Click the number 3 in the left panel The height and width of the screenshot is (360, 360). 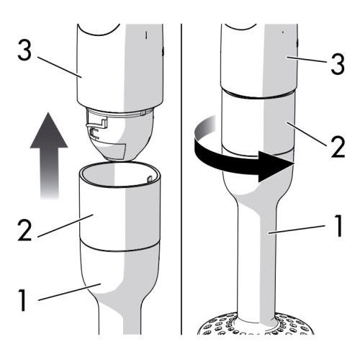[x=24, y=50]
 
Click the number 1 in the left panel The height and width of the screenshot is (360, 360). [x=22, y=300]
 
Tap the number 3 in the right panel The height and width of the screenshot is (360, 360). [x=338, y=63]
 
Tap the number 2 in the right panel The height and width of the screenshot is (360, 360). [x=338, y=147]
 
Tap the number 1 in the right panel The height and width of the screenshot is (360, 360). [x=338, y=225]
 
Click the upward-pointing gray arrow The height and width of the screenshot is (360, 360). [x=49, y=156]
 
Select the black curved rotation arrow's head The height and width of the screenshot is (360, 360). [x=276, y=166]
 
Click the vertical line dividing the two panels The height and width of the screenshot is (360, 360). [x=181, y=179]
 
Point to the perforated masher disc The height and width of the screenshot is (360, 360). [x=256, y=324]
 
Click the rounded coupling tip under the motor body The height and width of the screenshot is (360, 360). [x=120, y=135]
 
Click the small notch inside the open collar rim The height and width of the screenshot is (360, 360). [x=149, y=179]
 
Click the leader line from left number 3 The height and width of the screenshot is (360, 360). [x=60, y=68]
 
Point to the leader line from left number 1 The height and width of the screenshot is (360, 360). [x=69, y=292]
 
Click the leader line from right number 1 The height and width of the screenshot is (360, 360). [x=297, y=229]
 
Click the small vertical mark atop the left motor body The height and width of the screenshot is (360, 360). [x=146, y=35]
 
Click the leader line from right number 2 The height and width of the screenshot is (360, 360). [x=306, y=134]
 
